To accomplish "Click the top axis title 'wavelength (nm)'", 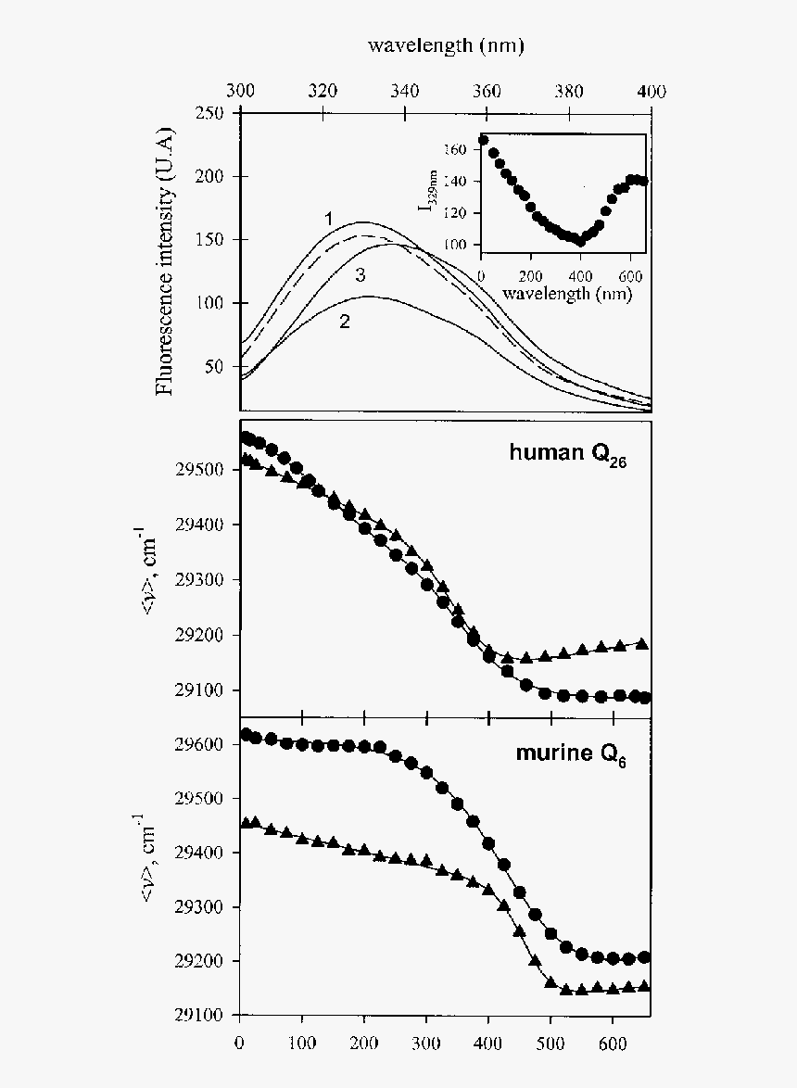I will coord(446,45).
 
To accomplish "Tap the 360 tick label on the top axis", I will coord(487,91).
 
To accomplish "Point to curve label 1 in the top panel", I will coord(328,218).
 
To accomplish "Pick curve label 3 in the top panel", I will coord(361,275).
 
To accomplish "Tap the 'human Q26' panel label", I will coord(567,454).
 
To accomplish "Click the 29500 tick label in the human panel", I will coord(199,471).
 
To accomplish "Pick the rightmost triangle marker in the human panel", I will coord(642,644).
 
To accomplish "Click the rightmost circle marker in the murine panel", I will coord(644,957).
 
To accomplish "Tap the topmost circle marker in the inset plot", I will coord(483,141).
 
